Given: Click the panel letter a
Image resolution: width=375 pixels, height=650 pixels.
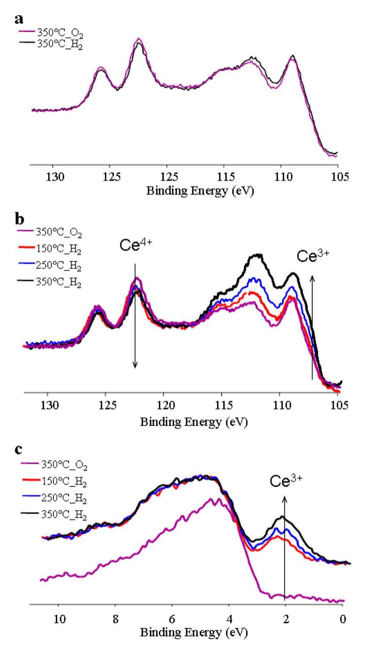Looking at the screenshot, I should point(19,19).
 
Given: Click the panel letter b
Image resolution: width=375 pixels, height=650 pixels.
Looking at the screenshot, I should point(19,220).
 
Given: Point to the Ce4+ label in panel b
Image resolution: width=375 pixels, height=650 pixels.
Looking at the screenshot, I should point(136,246).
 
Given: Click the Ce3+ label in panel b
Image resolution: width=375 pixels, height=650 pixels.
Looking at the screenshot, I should point(313,256).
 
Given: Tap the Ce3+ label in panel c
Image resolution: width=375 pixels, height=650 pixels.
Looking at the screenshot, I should point(285,481).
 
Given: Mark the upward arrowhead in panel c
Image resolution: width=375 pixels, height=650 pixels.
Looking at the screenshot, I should point(285,499).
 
